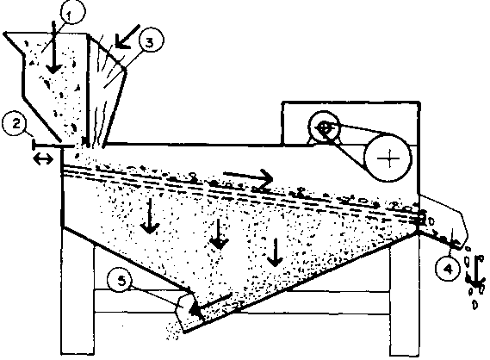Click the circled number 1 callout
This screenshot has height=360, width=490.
72,13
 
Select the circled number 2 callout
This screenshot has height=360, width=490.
16,123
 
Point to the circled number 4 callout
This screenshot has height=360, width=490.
448,268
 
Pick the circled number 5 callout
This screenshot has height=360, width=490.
121,281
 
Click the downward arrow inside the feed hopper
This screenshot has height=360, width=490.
54,47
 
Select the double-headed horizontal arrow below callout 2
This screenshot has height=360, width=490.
43,159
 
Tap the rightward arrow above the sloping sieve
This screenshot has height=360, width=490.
248,177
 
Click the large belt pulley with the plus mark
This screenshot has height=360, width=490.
388,158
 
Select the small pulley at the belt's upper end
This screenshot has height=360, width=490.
324,127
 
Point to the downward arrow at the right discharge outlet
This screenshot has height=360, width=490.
476,271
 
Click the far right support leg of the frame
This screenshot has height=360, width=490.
405,296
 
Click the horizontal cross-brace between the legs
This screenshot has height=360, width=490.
243,302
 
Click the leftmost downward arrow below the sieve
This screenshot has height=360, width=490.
150,215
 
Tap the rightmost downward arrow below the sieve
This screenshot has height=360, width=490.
275,252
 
